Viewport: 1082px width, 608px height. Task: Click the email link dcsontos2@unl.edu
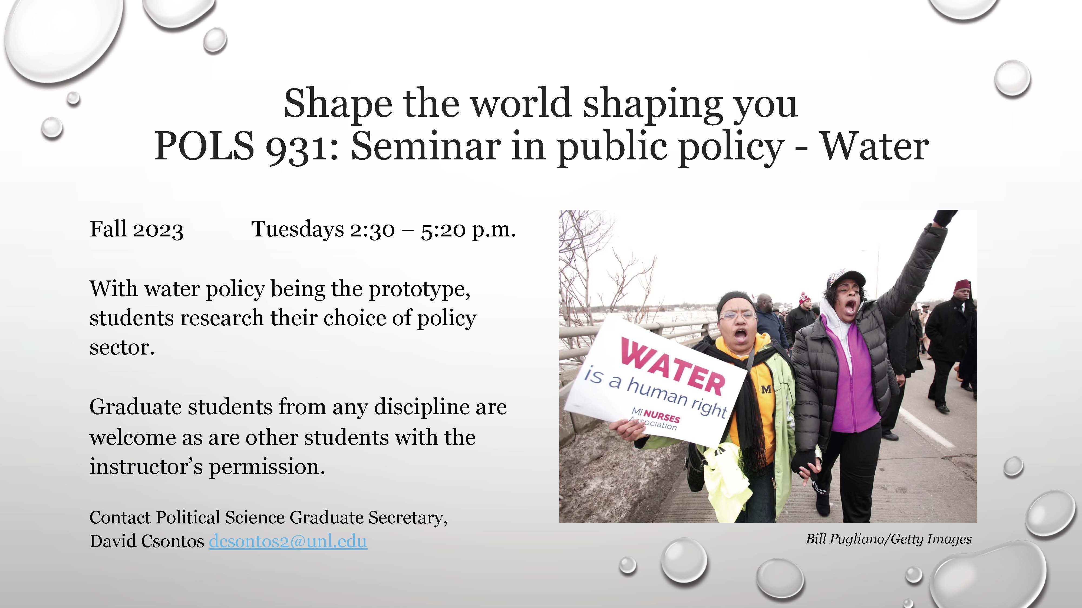pos(288,541)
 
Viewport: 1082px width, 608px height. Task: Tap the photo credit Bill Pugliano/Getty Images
pos(888,539)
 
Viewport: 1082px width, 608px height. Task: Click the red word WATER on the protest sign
pos(673,367)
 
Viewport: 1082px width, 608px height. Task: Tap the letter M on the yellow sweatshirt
pos(766,389)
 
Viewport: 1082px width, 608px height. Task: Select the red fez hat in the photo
pos(962,286)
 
